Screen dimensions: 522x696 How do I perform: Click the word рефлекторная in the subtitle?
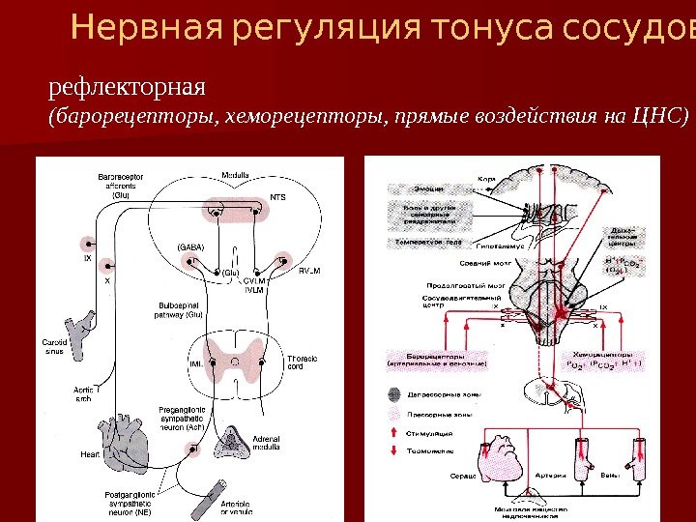[x=128, y=88]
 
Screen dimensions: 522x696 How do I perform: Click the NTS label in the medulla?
[x=278, y=197]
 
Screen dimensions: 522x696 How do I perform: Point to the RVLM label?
[x=309, y=272]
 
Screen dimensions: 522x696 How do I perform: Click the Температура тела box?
[x=424, y=242]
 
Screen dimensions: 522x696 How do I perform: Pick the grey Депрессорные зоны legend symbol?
[x=392, y=393]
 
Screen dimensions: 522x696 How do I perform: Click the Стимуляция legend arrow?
[x=392, y=434]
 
